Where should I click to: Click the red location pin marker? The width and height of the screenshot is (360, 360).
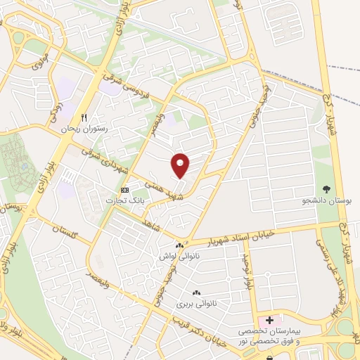[181, 165]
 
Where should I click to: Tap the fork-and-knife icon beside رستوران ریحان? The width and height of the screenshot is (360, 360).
[84, 117]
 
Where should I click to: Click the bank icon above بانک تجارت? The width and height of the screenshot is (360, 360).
[124, 190]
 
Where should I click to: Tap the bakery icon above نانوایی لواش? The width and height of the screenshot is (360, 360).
[179, 246]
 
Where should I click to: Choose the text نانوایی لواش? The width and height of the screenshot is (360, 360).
[178, 257]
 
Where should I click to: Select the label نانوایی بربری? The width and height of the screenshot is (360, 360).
[193, 304]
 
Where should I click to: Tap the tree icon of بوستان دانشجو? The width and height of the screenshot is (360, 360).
[326, 188]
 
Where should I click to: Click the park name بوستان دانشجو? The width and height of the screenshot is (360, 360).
[326, 200]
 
